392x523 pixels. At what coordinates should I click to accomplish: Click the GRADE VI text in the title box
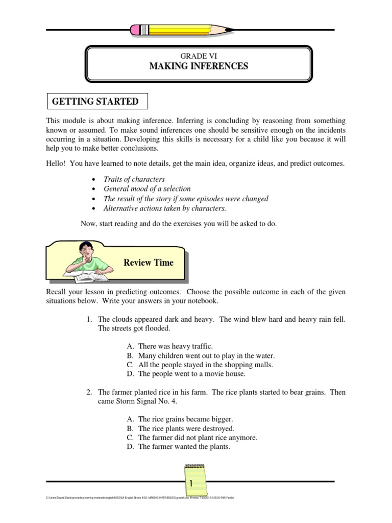tap(198, 56)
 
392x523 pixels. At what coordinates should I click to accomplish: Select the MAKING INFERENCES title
tap(198, 66)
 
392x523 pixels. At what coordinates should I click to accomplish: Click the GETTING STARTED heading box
tap(96, 102)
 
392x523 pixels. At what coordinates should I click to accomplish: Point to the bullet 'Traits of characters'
tap(134, 179)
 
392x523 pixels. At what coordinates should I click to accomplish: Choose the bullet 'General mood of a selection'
tap(147, 189)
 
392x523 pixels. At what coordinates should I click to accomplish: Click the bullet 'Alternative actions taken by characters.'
tap(164, 208)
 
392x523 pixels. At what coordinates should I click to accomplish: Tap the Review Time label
tap(149, 263)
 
